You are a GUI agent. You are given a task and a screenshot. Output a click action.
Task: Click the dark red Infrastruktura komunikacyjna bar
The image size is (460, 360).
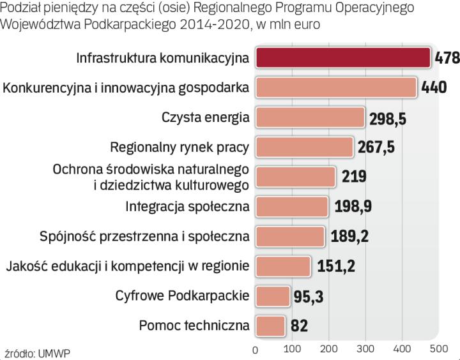click(x=342, y=57)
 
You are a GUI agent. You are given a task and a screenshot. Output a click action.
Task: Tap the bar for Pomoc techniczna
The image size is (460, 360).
click(x=271, y=326)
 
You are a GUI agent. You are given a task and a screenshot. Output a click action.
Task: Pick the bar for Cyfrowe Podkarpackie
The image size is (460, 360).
click(x=273, y=296)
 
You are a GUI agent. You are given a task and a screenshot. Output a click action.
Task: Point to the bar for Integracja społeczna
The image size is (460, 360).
click(x=292, y=206)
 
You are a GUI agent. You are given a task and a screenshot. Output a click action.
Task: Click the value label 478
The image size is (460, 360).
click(x=447, y=58)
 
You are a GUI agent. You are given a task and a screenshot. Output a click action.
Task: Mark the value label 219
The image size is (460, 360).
click(x=353, y=177)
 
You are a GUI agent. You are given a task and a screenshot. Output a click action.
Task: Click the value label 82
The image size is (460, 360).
click(x=299, y=326)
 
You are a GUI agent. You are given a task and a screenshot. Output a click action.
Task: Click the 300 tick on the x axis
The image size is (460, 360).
click(x=366, y=350)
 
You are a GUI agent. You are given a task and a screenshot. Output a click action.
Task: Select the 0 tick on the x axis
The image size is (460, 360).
click(x=256, y=350)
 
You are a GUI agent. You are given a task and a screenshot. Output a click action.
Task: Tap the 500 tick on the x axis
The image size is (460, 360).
click(x=439, y=350)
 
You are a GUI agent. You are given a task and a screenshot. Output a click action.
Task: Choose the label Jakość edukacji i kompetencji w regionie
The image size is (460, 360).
click(x=127, y=266)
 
